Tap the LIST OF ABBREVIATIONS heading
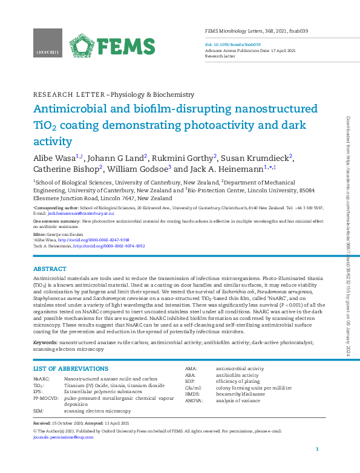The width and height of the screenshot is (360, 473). (x=71, y=368)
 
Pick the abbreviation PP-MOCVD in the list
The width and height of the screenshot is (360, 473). (x=45, y=399)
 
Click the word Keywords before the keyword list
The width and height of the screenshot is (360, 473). (x=45, y=343)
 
